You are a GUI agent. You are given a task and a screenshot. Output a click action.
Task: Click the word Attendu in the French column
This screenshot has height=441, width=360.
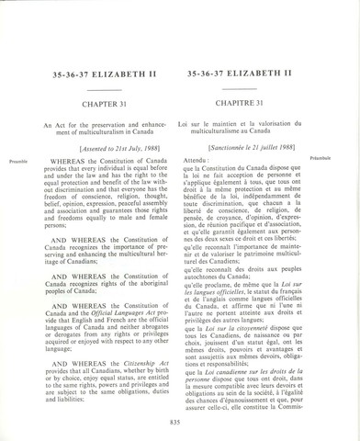[x=197, y=161]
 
